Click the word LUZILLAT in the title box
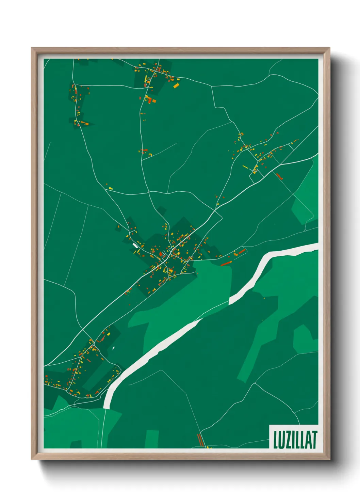(295, 440)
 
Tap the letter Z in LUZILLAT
(287, 440)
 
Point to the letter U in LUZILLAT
(281, 440)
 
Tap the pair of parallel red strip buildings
(200, 440)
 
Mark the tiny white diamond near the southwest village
(113, 348)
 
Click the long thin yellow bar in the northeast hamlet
(245, 167)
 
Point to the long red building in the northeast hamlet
(279, 176)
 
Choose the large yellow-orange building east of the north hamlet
(176, 85)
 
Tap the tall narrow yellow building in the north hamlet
(146, 79)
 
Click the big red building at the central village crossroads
(161, 254)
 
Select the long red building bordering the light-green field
(226, 263)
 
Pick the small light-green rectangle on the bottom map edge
(152, 439)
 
